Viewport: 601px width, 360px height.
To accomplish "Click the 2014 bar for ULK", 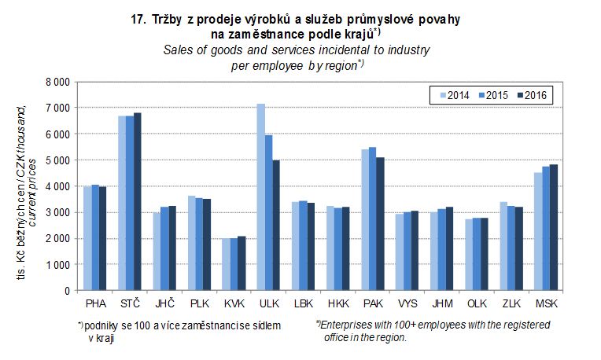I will point(260,197).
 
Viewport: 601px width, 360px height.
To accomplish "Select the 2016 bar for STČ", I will point(138,202).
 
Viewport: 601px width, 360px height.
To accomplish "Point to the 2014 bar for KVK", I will point(226,264).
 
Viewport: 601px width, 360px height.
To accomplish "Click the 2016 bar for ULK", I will point(276,226).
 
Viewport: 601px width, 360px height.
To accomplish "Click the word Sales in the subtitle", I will point(178,50).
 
